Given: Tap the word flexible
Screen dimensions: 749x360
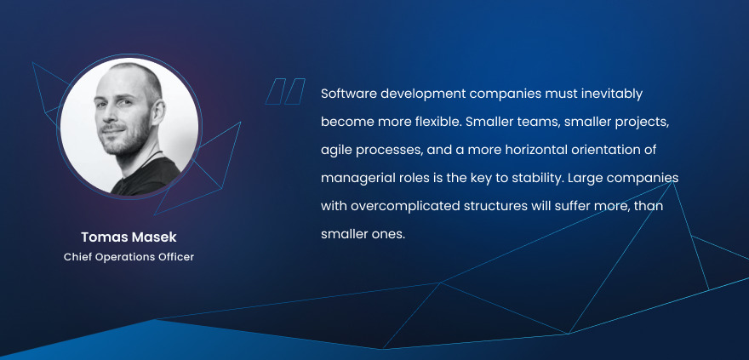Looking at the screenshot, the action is [x=437, y=122].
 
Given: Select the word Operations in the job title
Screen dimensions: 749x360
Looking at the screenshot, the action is [x=119, y=257].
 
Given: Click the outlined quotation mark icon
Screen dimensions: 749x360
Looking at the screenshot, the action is [x=285, y=91].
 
